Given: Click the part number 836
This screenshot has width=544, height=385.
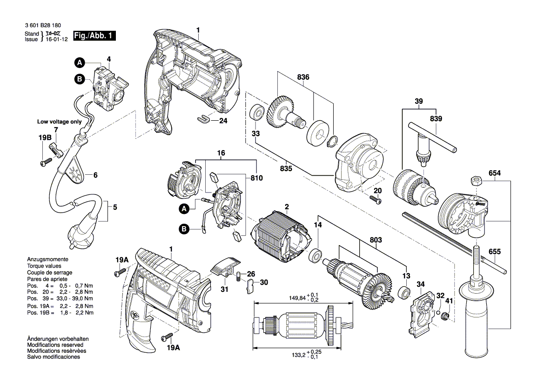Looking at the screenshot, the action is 303,77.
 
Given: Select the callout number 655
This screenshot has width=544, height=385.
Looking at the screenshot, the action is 495,251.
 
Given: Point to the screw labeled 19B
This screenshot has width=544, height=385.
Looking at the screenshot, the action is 45,163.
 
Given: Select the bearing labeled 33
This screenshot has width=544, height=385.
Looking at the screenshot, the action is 257,112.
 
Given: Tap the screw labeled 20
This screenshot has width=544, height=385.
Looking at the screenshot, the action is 376,199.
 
